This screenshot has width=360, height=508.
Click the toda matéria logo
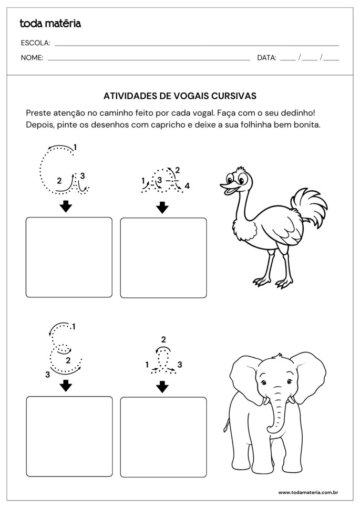[50, 23]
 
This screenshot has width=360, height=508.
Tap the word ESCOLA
[35, 43]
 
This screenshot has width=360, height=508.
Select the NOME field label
[32, 58]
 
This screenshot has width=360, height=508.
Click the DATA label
[266, 58]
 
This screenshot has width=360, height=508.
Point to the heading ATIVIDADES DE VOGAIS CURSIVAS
[180, 96]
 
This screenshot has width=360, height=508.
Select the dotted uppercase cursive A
[63, 171]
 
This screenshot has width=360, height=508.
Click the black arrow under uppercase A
[66, 206]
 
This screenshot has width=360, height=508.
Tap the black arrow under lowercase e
[163, 387]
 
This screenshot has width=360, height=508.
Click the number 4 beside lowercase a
[187, 185]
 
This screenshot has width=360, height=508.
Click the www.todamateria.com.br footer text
[307, 492]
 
